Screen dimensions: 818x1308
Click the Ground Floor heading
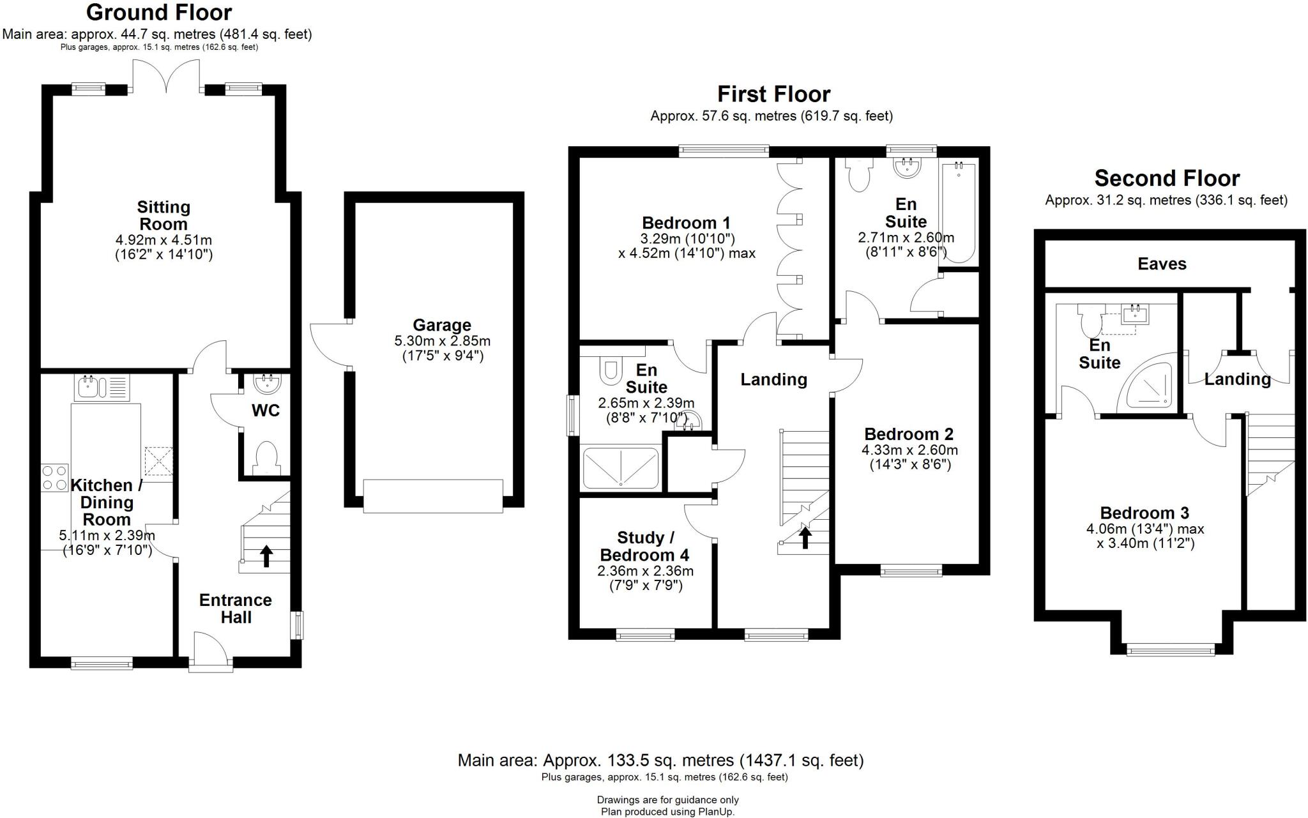159,12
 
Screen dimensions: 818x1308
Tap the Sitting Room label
163,215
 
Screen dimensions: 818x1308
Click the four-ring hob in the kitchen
54,477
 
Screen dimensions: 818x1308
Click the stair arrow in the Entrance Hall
266,556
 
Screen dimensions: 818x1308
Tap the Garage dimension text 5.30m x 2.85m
442,341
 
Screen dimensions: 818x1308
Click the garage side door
329,345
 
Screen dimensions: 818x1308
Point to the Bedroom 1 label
686,223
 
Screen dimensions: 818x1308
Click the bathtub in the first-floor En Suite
958,213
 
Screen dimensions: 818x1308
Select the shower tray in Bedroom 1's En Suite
620,467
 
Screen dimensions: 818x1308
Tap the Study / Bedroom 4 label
645,546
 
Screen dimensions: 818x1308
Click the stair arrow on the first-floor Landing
805,537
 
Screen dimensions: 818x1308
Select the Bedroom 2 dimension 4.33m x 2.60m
909,450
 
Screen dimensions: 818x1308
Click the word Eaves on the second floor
1162,264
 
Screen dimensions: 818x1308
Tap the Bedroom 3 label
1144,513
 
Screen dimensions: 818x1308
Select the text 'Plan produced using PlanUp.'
667,812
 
